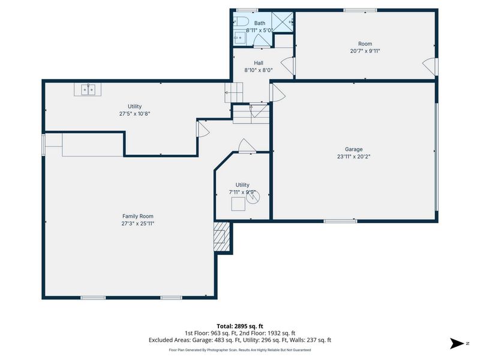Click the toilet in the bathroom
pos(241,22)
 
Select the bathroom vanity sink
pos(239,38)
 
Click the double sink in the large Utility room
pos(89,89)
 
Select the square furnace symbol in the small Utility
pos(238,204)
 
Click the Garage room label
pos(353,149)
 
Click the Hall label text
pos(258,63)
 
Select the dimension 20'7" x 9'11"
pos(365,51)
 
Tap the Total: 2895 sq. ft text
pos(239,326)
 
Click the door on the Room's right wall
pos(430,66)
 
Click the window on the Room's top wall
pos(360,10)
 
